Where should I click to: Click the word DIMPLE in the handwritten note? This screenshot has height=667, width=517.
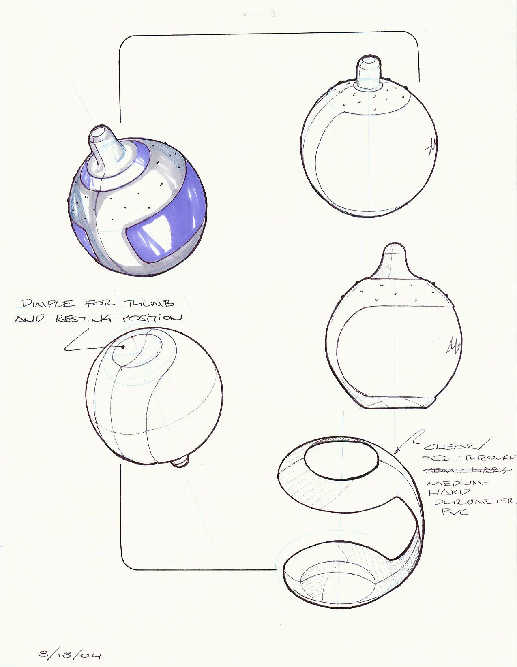coord(48,303)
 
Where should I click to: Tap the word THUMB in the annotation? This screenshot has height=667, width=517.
coord(149,303)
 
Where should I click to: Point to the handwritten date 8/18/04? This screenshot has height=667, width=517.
coord(69,654)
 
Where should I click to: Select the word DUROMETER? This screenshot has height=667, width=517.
coord(475,502)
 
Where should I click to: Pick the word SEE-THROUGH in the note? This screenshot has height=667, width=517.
coord(469,458)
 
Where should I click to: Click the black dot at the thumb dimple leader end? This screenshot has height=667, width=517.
coord(123,347)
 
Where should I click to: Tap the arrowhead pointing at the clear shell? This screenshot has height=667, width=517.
coord(397,450)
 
